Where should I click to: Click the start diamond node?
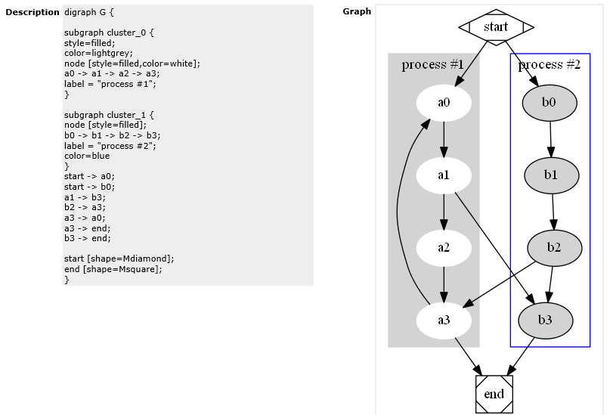(x=496, y=27)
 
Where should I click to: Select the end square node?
(x=494, y=394)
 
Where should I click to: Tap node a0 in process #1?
(x=444, y=104)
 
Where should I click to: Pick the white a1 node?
(x=444, y=175)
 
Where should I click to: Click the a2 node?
(x=444, y=247)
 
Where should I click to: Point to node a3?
(x=444, y=320)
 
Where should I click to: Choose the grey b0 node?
(x=549, y=103)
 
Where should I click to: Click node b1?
(x=551, y=175)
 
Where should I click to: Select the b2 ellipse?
(x=554, y=247)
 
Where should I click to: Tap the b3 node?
(x=545, y=320)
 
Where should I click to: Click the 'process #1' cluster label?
(x=432, y=64)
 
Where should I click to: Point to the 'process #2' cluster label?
(x=550, y=64)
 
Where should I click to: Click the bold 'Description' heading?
(x=33, y=12)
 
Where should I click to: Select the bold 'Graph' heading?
(x=357, y=11)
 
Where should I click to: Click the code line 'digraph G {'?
(x=90, y=13)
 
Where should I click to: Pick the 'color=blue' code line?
(x=87, y=156)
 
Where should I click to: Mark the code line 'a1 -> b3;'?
(x=85, y=197)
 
